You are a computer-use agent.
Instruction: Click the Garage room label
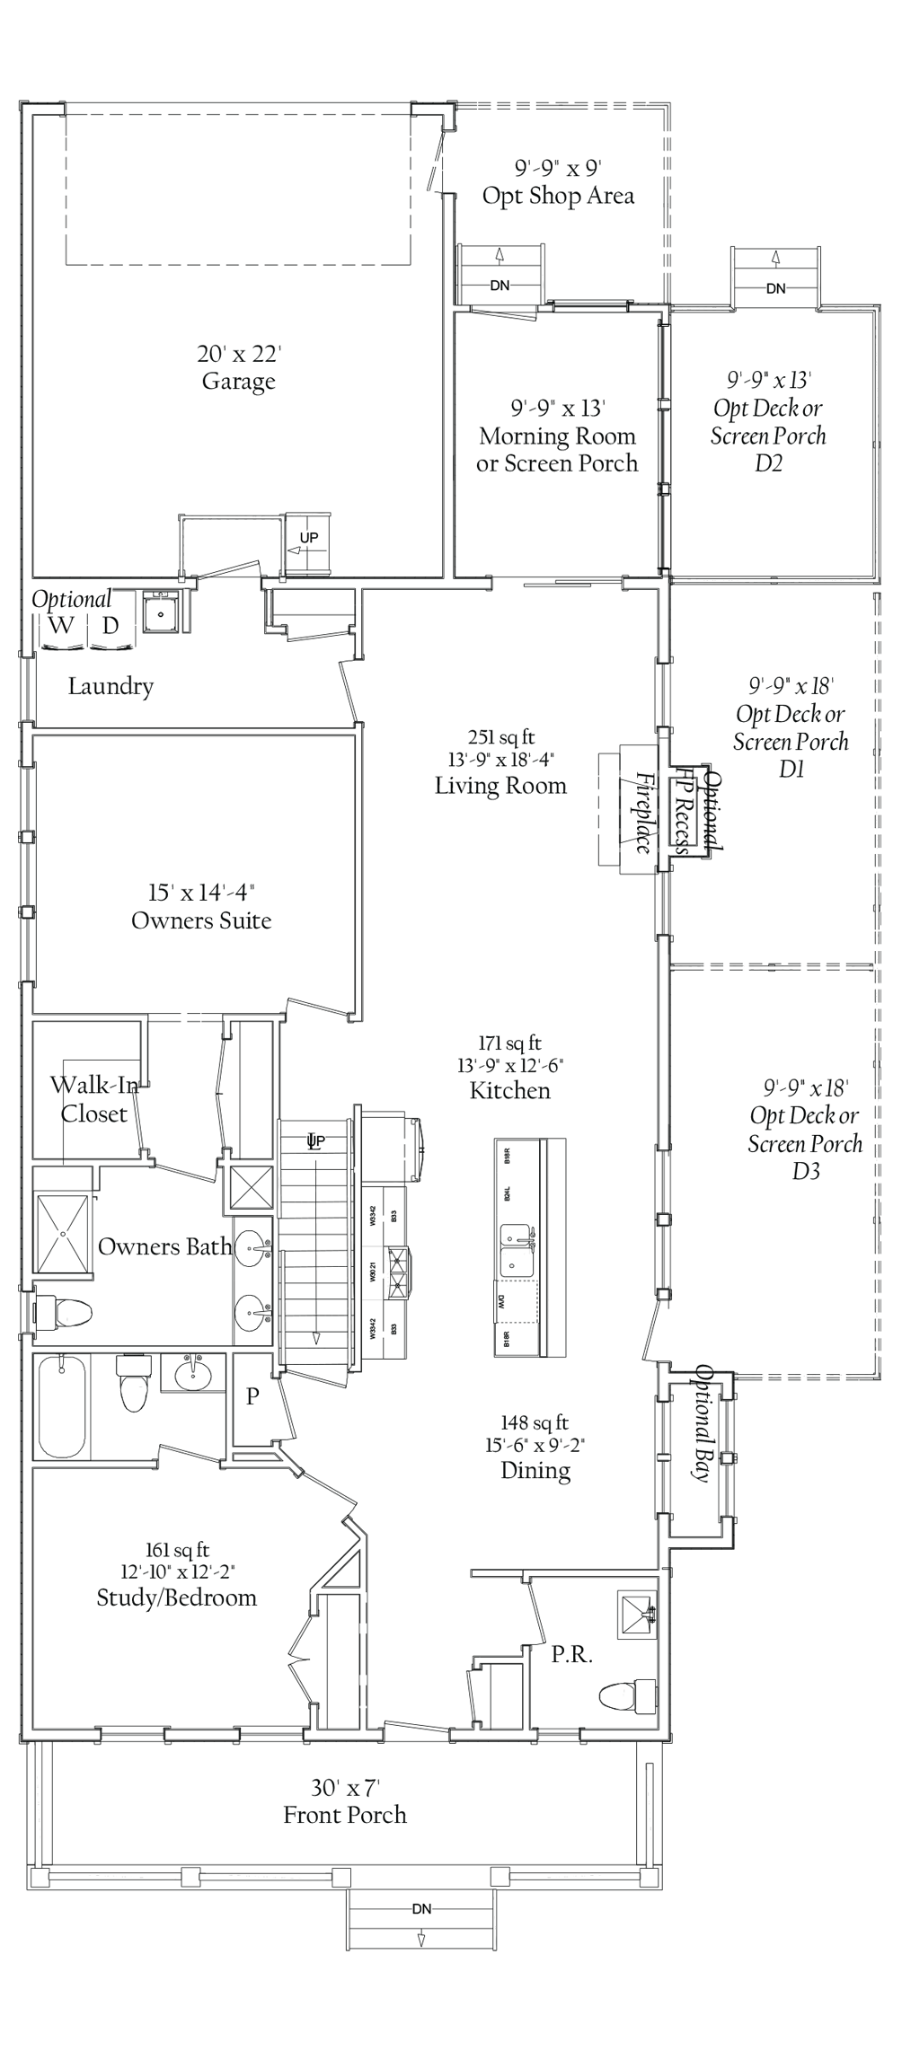click(238, 382)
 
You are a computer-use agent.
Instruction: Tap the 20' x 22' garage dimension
click(238, 354)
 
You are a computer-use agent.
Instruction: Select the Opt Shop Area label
click(558, 196)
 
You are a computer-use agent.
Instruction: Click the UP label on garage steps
click(308, 538)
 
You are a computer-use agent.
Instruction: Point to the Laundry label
click(111, 687)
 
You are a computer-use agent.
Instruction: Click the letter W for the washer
click(61, 626)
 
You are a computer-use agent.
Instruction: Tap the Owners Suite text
click(201, 920)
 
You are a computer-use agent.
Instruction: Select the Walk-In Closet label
click(93, 1099)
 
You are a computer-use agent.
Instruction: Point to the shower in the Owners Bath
click(63, 1233)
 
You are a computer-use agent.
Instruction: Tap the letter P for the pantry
click(252, 1397)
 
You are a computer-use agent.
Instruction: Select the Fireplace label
click(643, 812)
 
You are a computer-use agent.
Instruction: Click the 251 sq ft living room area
click(500, 738)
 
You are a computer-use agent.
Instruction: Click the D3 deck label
click(805, 1171)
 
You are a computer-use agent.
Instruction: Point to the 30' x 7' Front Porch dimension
click(345, 1788)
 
